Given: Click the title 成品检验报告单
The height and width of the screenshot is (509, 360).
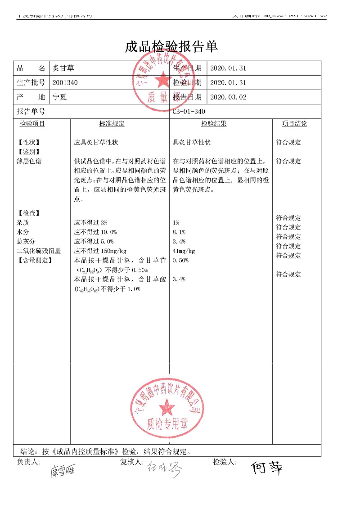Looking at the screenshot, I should [171, 46].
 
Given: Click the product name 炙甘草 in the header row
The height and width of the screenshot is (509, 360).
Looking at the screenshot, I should [63, 68].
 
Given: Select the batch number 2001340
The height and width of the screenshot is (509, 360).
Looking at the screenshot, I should [65, 83].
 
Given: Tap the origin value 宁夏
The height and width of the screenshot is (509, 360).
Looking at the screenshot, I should [60, 97].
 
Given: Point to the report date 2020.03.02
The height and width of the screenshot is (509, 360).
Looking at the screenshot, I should [228, 97].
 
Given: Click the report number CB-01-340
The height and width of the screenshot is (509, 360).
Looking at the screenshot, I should [189, 112].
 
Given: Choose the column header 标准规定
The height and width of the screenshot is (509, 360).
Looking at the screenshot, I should [112, 124].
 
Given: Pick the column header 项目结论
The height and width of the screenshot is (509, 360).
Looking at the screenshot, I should [294, 124].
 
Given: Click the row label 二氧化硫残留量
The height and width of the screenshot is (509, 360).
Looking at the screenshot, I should [39, 251].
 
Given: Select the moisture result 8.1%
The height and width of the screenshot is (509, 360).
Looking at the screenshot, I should [179, 232].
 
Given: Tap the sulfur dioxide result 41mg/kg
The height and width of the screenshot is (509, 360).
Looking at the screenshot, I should [184, 251].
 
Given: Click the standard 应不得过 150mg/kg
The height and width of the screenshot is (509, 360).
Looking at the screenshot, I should [100, 251].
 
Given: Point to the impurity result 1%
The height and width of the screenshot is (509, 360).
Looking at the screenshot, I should [175, 223].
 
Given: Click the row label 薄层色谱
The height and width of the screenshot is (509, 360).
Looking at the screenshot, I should [29, 161].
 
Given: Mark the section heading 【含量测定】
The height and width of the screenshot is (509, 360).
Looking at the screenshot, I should [35, 261].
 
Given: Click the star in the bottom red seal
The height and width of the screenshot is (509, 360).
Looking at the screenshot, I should [166, 408].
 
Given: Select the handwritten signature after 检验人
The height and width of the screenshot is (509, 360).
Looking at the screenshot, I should [267, 468].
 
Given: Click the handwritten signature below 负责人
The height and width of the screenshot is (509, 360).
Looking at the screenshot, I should [62, 471].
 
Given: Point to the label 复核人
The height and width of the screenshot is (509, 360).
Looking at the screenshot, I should [131, 462].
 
